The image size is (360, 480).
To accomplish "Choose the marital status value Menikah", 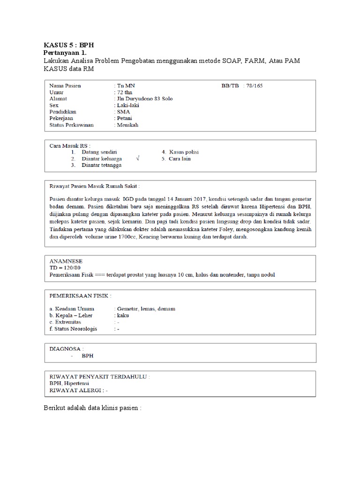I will (128, 125).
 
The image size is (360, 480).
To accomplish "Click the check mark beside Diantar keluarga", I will (137, 159).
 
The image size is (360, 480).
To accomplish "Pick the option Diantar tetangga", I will (101, 165).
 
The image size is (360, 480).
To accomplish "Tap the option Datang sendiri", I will (99, 152).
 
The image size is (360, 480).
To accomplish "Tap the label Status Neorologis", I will (73, 329).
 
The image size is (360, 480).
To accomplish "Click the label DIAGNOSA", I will (67, 349).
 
